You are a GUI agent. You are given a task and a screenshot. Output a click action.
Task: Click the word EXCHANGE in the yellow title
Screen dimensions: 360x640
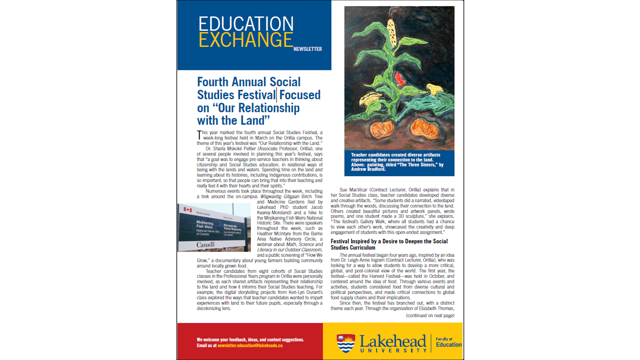[246, 40]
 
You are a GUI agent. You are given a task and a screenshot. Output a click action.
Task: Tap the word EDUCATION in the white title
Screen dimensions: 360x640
[246, 24]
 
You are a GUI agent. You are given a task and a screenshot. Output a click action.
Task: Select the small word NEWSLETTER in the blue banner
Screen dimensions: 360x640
[308, 49]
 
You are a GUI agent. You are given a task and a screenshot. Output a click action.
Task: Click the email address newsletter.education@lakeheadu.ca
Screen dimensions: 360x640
[250, 345]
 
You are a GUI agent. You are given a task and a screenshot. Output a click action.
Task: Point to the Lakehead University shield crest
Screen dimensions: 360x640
[346, 343]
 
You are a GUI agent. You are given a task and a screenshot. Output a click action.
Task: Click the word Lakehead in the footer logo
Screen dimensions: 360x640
[393, 341]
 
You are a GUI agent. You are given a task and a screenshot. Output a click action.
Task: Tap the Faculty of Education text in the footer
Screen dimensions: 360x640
[449, 342]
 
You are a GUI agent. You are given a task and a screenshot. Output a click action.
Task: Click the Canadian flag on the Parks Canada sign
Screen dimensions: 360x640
[188, 210]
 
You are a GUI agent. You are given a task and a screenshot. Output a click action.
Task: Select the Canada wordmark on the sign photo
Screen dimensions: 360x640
[206, 245]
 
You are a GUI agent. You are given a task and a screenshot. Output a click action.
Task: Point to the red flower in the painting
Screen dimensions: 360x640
[399, 79]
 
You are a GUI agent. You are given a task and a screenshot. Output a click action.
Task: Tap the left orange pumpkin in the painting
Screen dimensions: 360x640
[382, 129]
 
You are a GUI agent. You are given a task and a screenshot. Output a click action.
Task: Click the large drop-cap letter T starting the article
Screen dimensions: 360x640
[199, 135]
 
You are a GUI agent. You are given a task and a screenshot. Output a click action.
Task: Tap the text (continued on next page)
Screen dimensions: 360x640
[430, 315]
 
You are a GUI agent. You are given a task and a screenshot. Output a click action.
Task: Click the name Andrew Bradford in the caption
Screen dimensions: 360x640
[368, 169]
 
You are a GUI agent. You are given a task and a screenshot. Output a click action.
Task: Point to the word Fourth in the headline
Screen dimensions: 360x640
[213, 82]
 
